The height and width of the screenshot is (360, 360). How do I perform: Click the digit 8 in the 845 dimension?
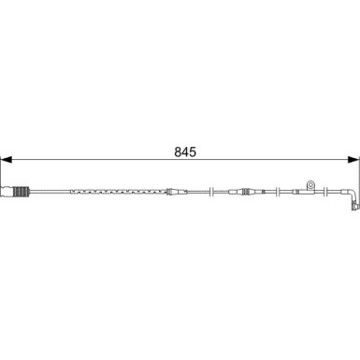[x=179, y=152]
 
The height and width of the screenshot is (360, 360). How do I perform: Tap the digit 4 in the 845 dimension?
[x=186, y=152]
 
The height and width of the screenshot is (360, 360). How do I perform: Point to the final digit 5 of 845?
[x=193, y=152]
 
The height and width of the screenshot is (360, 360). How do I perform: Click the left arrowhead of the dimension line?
[x=7, y=160]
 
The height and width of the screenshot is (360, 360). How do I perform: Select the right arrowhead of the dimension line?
[x=353, y=160]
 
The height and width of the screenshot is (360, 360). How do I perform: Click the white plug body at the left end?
[x=7, y=192]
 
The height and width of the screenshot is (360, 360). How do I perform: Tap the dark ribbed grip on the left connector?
[x=21, y=192]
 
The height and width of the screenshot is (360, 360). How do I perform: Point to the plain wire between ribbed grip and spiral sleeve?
[x=50, y=192]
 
